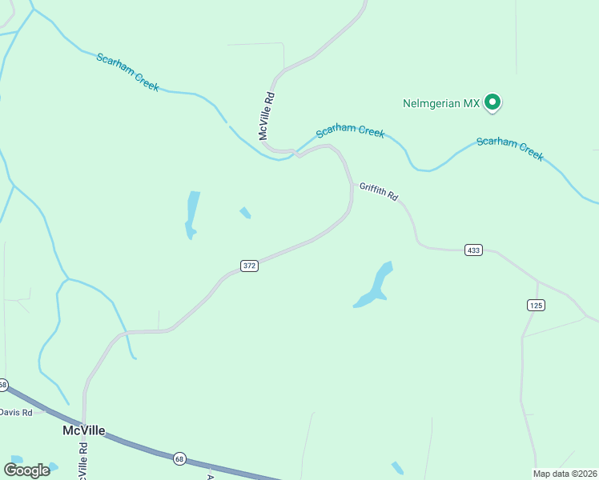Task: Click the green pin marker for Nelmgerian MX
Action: (x=493, y=102)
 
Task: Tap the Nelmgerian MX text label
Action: (x=441, y=103)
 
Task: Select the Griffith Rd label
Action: (x=378, y=191)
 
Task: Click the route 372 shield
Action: (x=249, y=266)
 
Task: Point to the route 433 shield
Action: (x=473, y=250)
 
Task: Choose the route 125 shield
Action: (x=536, y=305)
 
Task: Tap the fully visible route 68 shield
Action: (x=179, y=458)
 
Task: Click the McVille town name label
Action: (x=84, y=430)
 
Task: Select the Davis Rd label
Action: (x=15, y=412)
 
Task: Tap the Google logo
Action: (x=26, y=470)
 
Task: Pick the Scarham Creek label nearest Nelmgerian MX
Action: (x=350, y=131)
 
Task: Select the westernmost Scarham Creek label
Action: (x=127, y=72)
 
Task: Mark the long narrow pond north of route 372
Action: (x=191, y=214)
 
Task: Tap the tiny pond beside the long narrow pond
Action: (x=245, y=213)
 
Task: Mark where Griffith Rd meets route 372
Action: (x=352, y=186)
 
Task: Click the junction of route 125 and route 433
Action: (x=537, y=281)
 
